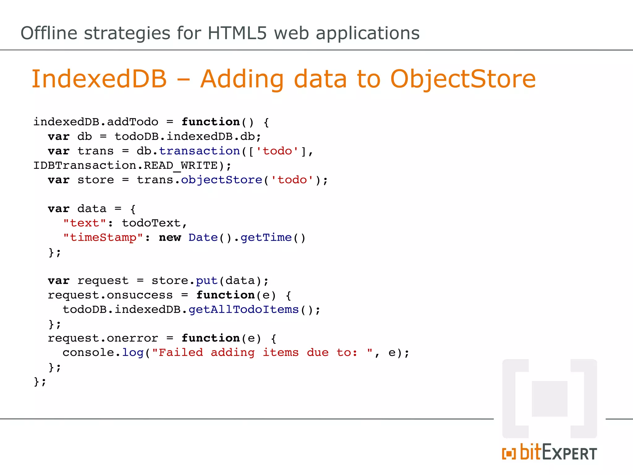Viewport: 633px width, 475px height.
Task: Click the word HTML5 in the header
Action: [237, 33]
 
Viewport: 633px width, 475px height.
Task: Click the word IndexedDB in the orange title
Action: [99, 79]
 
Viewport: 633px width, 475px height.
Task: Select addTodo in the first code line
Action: [133, 122]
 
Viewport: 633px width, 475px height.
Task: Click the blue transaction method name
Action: [199, 151]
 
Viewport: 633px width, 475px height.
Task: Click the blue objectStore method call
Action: [221, 180]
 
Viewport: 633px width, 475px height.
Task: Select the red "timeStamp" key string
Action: [103, 237]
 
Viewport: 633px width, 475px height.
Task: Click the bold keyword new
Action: [170, 237]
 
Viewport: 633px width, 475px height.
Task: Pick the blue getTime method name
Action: [266, 237]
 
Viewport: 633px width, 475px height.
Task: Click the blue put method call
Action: [207, 280]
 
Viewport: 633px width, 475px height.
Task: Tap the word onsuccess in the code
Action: [140, 295]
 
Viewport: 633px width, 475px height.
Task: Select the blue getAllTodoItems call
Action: [244, 310]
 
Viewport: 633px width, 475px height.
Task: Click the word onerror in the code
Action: [132, 338]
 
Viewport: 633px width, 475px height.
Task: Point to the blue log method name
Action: [133, 353]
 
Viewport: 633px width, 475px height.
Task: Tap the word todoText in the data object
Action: [151, 223]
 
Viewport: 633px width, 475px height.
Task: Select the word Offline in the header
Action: [49, 33]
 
